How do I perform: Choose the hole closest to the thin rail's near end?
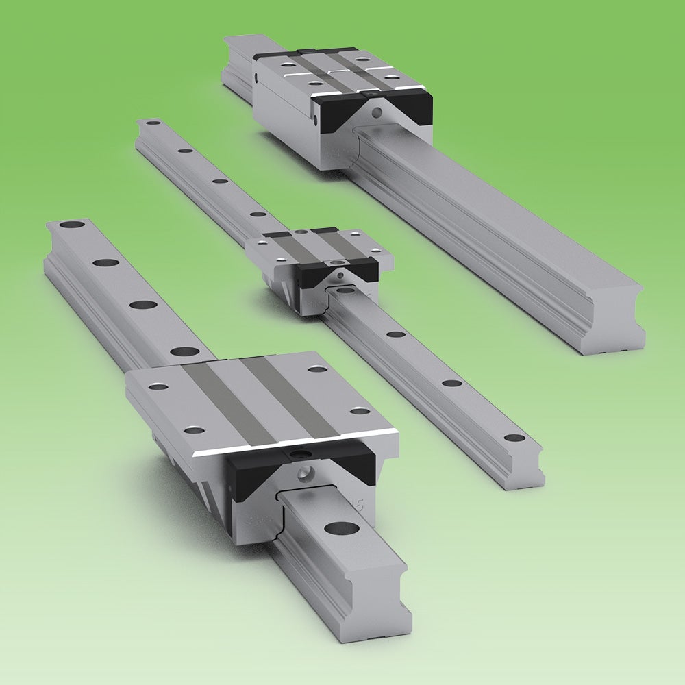tap(514, 437)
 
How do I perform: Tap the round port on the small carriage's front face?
tap(340, 276)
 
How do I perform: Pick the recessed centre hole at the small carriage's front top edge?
tap(335, 263)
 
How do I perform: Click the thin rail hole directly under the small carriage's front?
tap(347, 290)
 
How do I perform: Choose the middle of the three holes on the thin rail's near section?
tap(452, 383)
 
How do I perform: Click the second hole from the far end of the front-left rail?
tap(105, 262)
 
